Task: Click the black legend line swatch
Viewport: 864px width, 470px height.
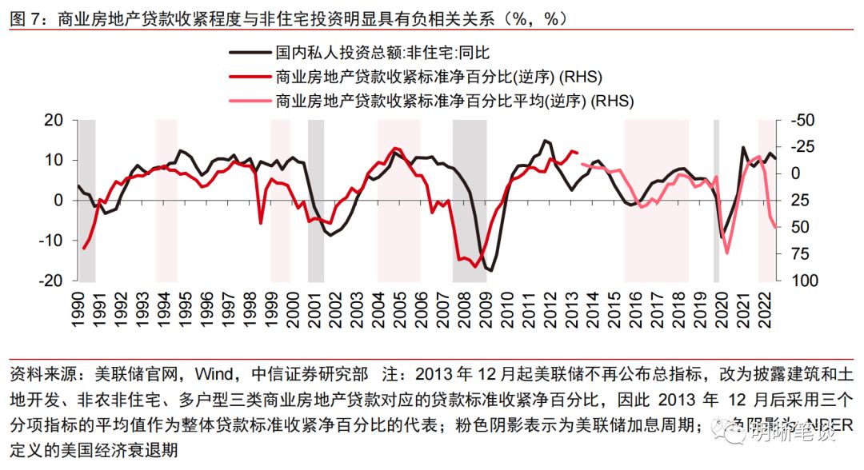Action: point(249,54)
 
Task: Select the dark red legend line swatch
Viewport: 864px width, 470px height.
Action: point(249,78)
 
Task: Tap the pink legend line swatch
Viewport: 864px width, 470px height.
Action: point(249,102)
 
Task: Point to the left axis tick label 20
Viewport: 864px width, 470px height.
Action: point(52,120)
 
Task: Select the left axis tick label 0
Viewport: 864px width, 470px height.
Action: point(58,201)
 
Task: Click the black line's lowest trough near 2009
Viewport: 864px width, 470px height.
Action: point(490,271)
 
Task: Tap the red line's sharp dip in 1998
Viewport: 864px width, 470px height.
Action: point(261,222)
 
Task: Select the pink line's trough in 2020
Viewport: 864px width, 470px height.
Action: point(726,253)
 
